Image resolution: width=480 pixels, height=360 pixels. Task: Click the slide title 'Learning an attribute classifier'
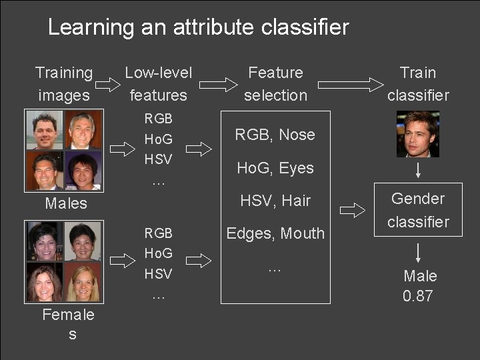pyautogui.click(x=198, y=27)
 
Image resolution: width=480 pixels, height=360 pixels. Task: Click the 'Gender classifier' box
pyautogui.click(x=418, y=209)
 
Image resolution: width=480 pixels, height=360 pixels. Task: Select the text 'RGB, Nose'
pyautogui.click(x=275, y=135)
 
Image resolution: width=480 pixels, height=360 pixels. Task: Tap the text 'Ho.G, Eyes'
pyautogui.click(x=275, y=168)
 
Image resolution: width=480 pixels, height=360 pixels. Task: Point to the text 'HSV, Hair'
pyautogui.click(x=275, y=201)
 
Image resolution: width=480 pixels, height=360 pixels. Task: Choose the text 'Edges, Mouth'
pyautogui.click(x=275, y=233)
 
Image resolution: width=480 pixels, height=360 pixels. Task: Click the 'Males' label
pyautogui.click(x=65, y=203)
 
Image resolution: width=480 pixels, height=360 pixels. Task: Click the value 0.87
pyautogui.click(x=418, y=296)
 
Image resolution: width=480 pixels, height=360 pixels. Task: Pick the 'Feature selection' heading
pyautogui.click(x=275, y=83)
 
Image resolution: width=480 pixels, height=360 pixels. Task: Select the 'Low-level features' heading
pyautogui.click(x=158, y=83)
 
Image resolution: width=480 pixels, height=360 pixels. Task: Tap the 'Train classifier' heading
pyautogui.click(x=418, y=83)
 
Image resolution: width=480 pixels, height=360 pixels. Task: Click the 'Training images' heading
pyautogui.click(x=64, y=83)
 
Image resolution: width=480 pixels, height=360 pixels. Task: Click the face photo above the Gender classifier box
pyautogui.click(x=418, y=134)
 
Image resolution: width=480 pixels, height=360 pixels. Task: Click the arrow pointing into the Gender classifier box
pyautogui.click(x=353, y=210)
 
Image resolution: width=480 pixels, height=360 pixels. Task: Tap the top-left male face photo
pyautogui.click(x=45, y=130)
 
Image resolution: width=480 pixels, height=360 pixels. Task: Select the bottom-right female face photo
pyautogui.click(x=84, y=283)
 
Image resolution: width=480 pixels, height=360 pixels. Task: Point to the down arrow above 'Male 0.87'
pyautogui.click(x=418, y=253)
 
